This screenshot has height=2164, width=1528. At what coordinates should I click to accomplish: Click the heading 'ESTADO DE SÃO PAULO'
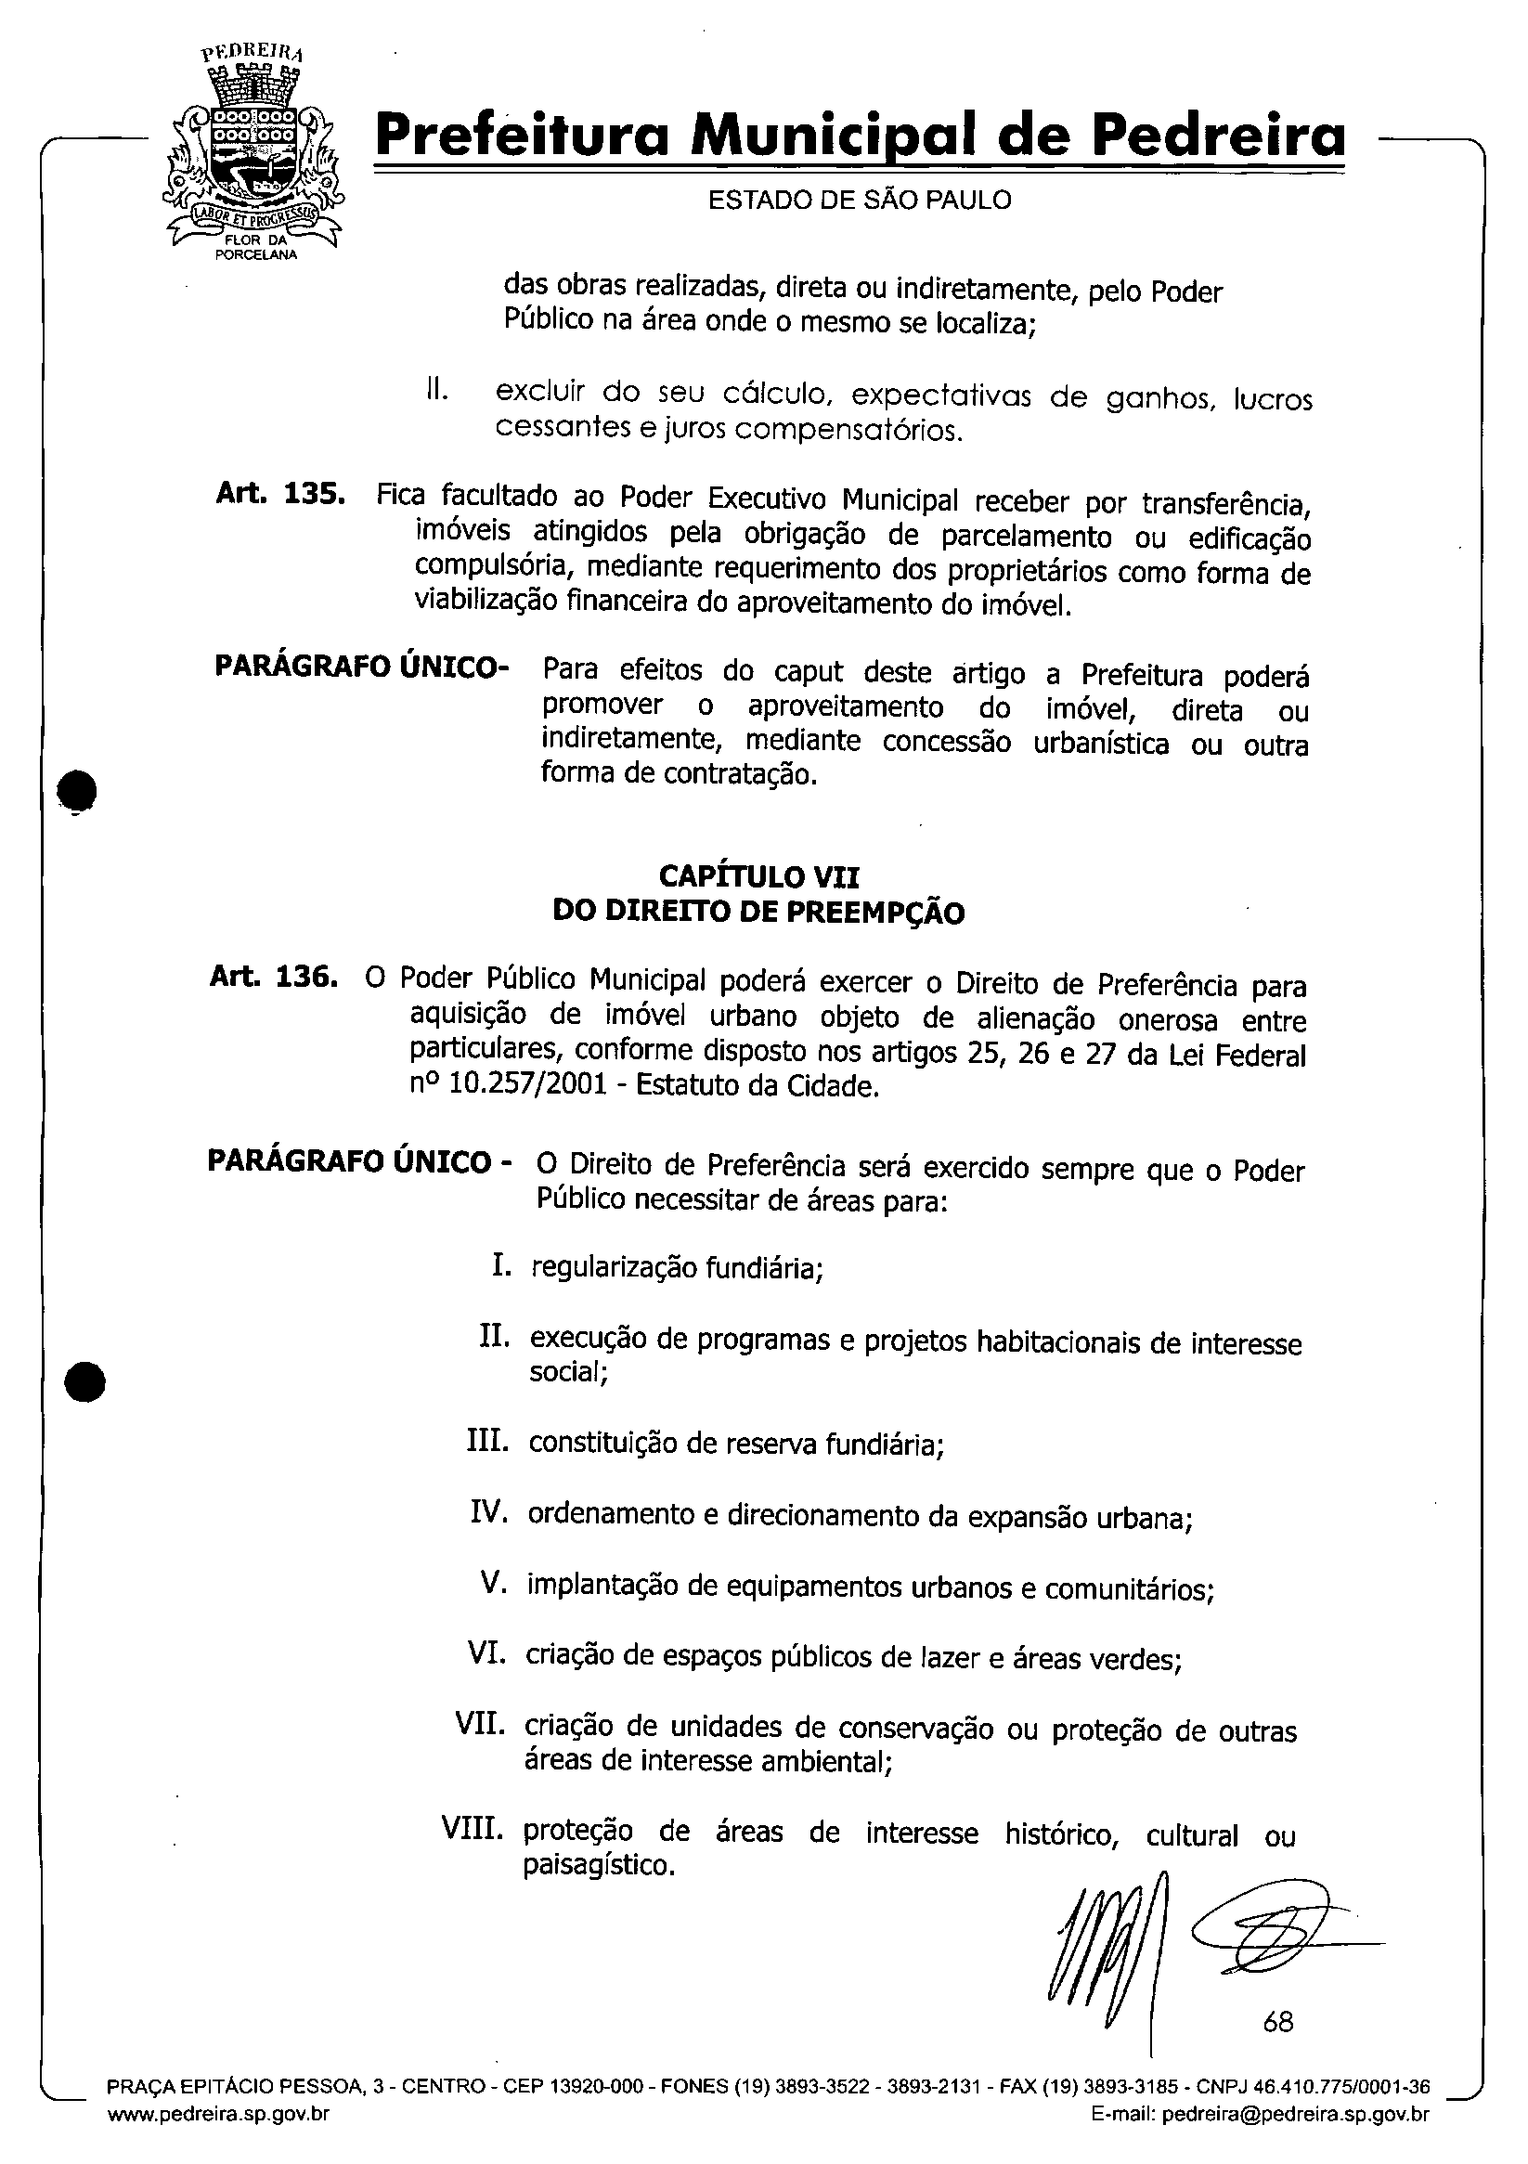pyautogui.click(x=859, y=200)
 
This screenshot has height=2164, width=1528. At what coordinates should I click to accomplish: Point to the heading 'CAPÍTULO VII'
pyautogui.click(x=758, y=877)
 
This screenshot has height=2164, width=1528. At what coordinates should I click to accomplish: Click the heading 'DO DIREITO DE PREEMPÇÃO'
pyautogui.click(x=758, y=913)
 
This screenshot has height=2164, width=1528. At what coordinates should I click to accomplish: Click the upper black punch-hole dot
pyautogui.click(x=77, y=789)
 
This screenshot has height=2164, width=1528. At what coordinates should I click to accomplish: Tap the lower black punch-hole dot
pyautogui.click(x=84, y=1383)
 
